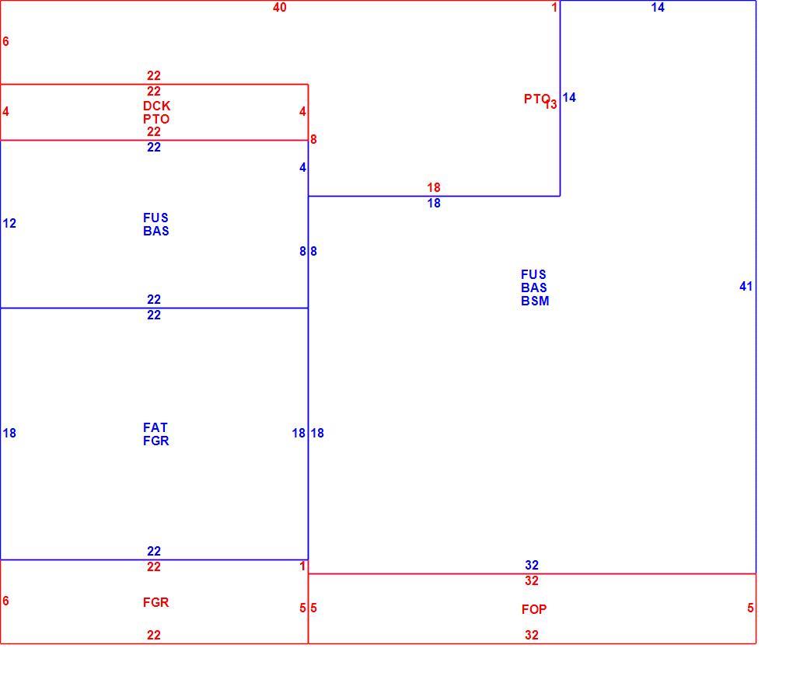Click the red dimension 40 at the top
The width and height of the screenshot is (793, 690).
[280, 7]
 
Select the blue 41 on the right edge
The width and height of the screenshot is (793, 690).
[746, 286]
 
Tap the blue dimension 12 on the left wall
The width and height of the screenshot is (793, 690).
[9, 223]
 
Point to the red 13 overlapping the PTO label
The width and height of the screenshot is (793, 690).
[550, 104]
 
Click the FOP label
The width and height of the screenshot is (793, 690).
[534, 609]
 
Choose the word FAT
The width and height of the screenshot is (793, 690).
[155, 427]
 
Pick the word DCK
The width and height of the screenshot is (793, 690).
[157, 106]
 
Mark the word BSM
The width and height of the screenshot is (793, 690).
[535, 301]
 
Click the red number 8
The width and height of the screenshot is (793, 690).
[313, 139]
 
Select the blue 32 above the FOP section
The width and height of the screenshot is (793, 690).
[532, 565]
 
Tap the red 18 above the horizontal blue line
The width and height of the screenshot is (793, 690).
[433, 187]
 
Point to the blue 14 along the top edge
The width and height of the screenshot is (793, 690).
[658, 7]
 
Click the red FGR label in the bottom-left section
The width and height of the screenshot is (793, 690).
[155, 602]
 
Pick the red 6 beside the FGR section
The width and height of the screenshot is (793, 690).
[5, 601]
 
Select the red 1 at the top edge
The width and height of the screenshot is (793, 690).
[554, 7]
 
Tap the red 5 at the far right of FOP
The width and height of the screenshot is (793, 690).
[750, 608]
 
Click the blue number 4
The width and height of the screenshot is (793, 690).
[302, 167]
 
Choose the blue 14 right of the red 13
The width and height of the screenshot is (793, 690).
[569, 97]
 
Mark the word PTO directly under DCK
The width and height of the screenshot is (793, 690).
[156, 119]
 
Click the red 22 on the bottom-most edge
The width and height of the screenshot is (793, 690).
[154, 635]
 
